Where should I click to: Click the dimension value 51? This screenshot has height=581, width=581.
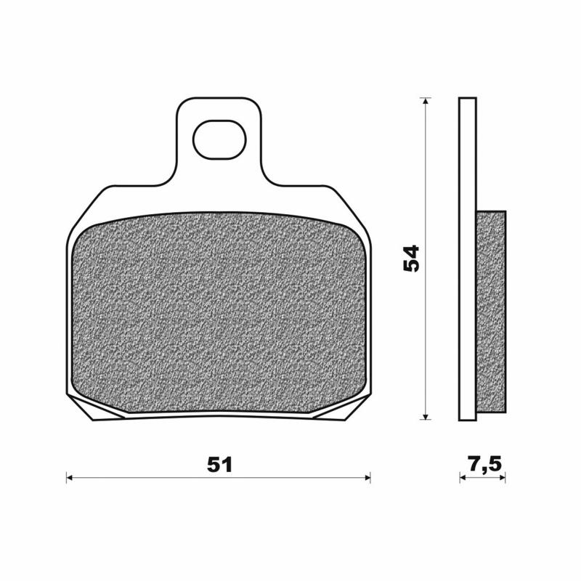click(x=219, y=466)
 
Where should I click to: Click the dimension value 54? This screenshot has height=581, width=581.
click(x=412, y=259)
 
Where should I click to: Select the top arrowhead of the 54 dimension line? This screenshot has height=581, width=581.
click(x=426, y=102)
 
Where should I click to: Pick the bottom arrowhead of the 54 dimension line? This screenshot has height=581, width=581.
click(x=426, y=415)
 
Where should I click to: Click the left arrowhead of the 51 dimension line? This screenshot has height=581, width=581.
click(x=70, y=478)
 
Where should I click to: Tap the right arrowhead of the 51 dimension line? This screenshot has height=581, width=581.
click(x=367, y=478)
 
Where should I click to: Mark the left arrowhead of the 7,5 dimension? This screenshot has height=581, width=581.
click(x=463, y=478)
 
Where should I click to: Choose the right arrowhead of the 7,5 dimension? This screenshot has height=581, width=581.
click(x=502, y=478)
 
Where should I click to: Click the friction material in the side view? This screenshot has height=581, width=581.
click(x=491, y=312)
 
